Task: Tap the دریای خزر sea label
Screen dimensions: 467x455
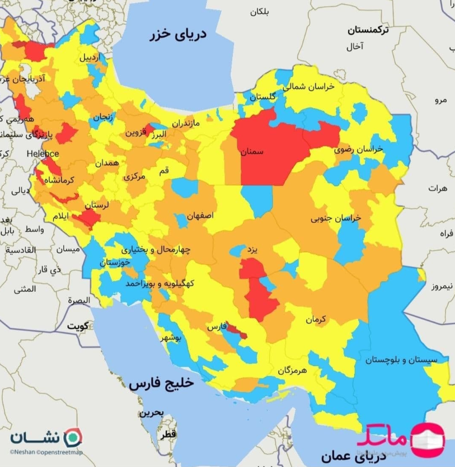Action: coord(177,35)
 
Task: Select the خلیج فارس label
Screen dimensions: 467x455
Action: coord(161,384)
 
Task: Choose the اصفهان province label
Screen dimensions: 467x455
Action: coord(200,216)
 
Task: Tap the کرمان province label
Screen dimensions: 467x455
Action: coord(315,319)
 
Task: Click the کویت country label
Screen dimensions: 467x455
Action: coord(78,325)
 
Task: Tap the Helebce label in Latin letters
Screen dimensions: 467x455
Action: coord(42,153)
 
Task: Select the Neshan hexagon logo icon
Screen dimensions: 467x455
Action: coord(73,437)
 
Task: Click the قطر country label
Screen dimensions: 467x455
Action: coord(167,434)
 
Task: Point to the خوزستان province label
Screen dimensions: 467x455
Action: coord(114,262)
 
